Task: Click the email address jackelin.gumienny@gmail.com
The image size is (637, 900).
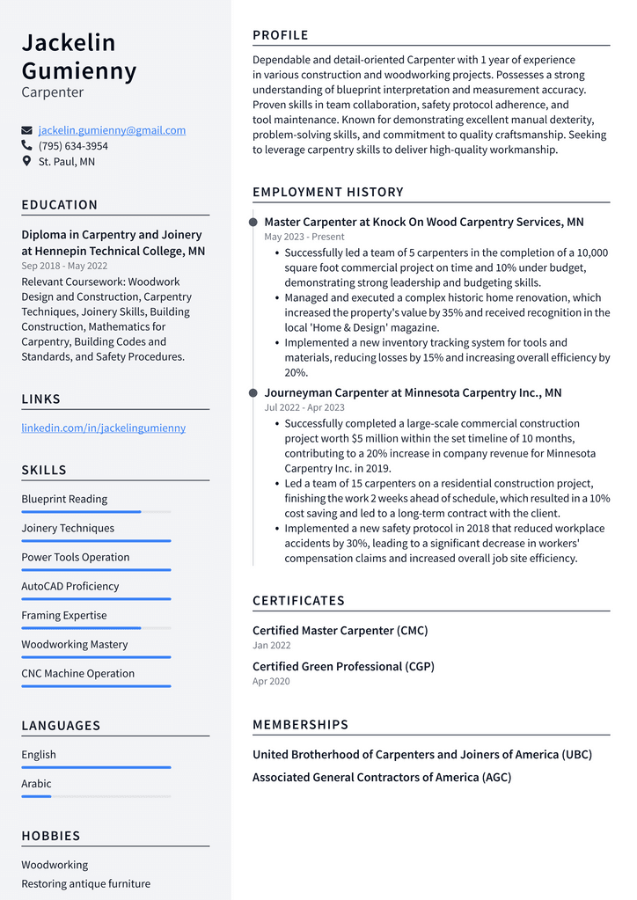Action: (x=112, y=130)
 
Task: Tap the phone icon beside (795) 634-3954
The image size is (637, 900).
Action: (x=26, y=146)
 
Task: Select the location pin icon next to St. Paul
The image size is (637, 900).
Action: (x=26, y=162)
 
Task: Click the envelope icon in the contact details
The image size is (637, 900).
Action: (x=26, y=130)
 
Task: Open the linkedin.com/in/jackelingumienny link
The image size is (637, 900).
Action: (x=103, y=428)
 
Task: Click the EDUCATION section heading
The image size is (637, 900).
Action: (x=60, y=205)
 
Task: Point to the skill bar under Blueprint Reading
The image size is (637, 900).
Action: (x=96, y=512)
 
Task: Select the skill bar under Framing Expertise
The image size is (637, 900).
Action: (x=96, y=628)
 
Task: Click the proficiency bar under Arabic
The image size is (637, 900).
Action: (x=96, y=796)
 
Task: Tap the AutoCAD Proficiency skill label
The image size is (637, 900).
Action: (x=70, y=587)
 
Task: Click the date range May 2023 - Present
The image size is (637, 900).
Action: (x=304, y=237)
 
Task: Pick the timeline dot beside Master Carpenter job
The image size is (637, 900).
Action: (x=253, y=223)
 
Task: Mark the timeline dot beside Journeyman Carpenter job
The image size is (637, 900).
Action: (x=253, y=393)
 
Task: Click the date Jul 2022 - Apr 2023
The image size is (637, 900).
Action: (x=304, y=407)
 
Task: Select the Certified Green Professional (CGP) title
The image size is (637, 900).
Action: (x=343, y=667)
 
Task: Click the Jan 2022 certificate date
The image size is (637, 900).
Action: (x=270, y=645)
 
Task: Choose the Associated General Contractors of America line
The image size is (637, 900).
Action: (x=381, y=778)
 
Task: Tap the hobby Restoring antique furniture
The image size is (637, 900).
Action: (x=85, y=883)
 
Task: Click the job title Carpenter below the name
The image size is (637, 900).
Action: (x=53, y=92)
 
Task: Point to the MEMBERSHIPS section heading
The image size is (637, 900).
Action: (x=300, y=725)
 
